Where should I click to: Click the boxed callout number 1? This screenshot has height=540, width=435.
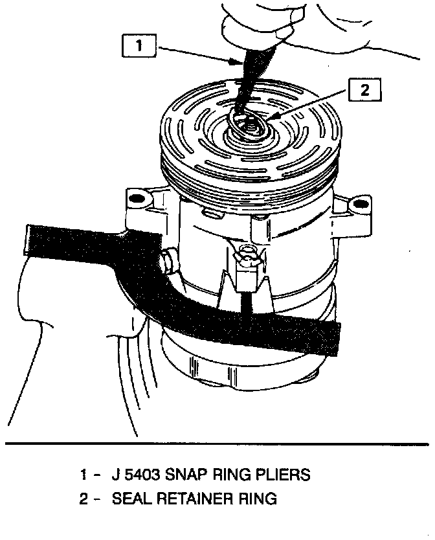click(137, 46)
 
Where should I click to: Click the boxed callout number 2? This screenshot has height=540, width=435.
click(365, 91)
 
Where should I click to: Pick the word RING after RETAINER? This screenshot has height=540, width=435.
click(257, 499)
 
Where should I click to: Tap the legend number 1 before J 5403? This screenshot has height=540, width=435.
click(85, 475)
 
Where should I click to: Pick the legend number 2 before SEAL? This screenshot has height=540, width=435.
click(85, 499)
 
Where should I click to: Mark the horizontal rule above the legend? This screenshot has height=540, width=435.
click(217, 444)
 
